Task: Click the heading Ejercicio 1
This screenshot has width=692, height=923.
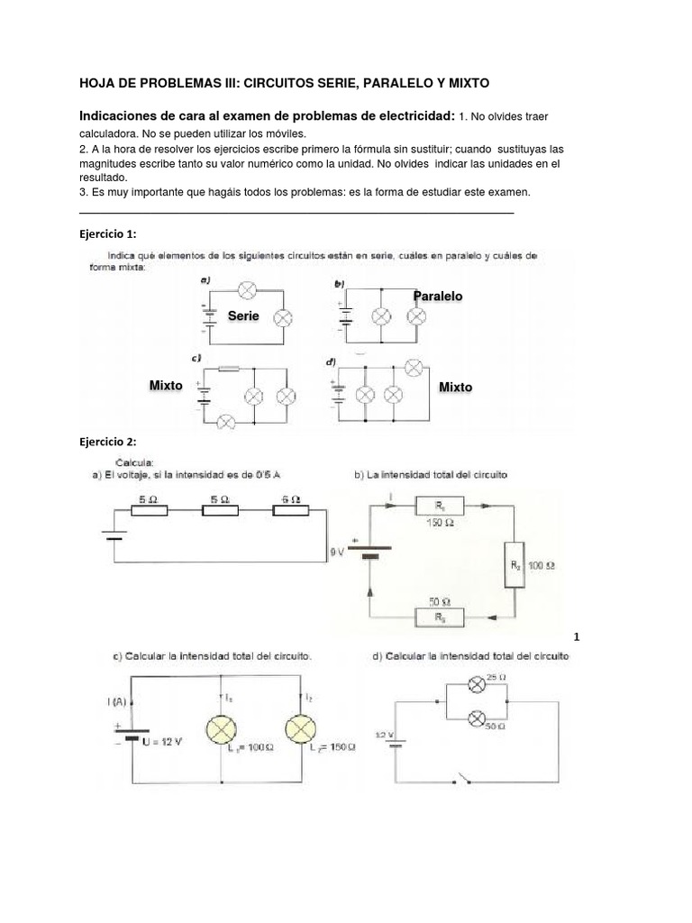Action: [107, 233]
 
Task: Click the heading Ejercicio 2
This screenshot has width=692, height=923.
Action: [107, 442]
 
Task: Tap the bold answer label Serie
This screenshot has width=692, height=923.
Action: [243, 315]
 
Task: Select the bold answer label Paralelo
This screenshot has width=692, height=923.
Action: [438, 296]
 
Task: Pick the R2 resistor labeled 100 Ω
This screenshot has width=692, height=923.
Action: [515, 564]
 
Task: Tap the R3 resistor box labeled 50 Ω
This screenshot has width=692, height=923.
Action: [437, 617]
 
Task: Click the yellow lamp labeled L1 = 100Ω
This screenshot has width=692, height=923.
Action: [222, 728]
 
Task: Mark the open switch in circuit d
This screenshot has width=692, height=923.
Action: [465, 777]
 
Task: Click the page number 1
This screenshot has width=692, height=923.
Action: [577, 637]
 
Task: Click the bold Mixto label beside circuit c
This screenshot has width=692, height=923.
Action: [166, 385]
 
